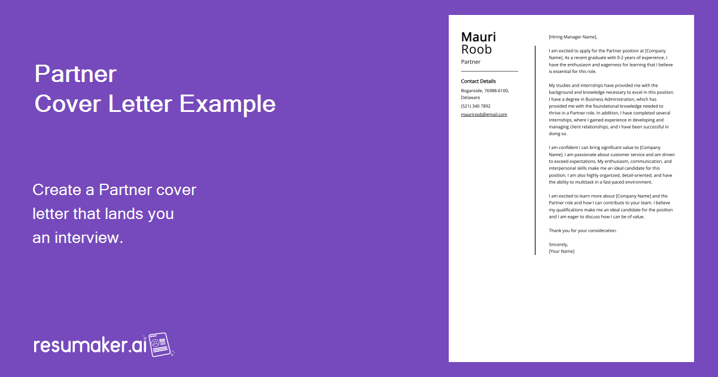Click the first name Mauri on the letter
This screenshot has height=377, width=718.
[x=478, y=37]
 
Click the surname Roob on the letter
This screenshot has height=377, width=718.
[x=476, y=50]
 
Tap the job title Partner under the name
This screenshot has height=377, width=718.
[x=470, y=62]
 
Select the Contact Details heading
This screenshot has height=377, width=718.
[x=478, y=81]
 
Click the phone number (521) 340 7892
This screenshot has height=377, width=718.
[x=476, y=106]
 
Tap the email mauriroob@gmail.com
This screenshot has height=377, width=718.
[x=483, y=114]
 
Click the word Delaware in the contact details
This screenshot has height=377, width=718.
[x=470, y=98]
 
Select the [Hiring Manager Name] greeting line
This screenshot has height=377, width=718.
[x=573, y=37]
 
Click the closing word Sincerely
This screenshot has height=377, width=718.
[x=558, y=244]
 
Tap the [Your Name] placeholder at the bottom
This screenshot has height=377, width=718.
[x=561, y=251]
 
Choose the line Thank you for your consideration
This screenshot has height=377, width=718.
[x=582, y=230]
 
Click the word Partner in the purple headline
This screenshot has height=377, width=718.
[x=75, y=74]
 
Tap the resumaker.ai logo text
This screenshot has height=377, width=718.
[x=90, y=345]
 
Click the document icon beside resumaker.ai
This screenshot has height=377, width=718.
[x=160, y=345]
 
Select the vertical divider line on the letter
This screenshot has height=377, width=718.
[x=535, y=150]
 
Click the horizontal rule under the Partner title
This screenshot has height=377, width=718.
[x=489, y=71]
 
